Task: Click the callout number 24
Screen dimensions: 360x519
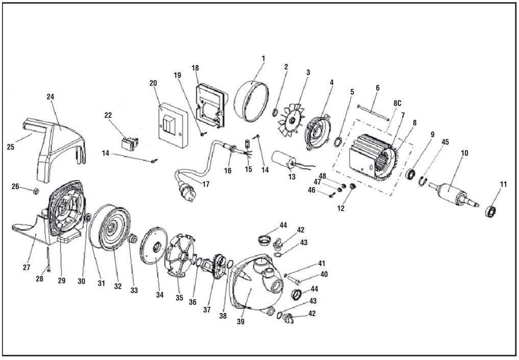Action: tap(50, 96)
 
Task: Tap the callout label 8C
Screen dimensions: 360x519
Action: tap(397, 102)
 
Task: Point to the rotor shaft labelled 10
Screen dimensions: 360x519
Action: tap(451, 194)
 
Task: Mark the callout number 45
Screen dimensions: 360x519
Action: tap(445, 142)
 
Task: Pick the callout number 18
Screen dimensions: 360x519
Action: tap(195, 68)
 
